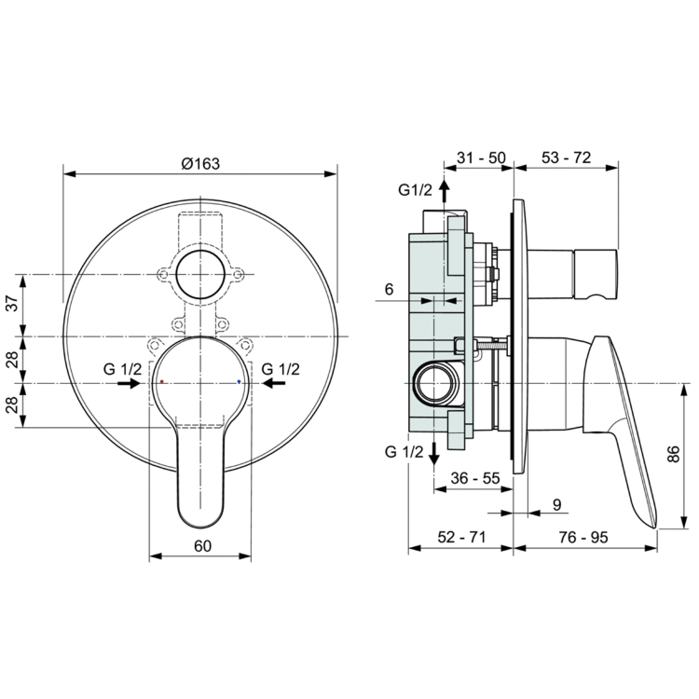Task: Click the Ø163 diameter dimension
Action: [x=199, y=162]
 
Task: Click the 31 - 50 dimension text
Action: [x=481, y=158]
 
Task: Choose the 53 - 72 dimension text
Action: [x=566, y=158]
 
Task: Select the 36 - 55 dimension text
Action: [x=474, y=477]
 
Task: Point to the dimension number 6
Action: [x=390, y=291]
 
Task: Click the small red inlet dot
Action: [x=161, y=382]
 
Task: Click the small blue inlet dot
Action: [x=240, y=382]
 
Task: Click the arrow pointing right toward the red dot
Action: [x=130, y=382]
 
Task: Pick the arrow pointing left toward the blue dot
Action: [x=271, y=382]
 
